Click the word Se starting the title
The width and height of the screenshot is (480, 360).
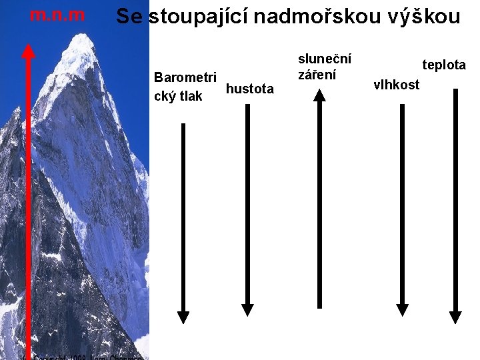coord(129,17)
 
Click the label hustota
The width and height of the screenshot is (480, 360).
coord(250,89)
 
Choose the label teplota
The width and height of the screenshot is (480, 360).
coord(443,65)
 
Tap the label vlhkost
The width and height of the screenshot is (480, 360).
coord(397,85)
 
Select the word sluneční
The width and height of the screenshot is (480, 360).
coord(325,59)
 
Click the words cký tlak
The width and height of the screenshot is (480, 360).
coord(178,96)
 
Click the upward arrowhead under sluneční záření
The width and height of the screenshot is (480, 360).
coord(320,96)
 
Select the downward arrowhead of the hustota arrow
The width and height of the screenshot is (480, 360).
coord(247,309)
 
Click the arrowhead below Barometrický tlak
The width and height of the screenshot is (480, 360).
coord(183,317)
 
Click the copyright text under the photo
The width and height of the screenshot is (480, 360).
coord(87,357)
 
